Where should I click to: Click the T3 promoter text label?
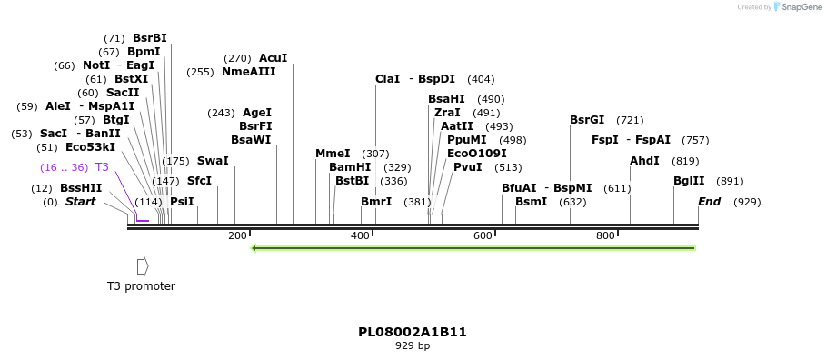(141, 286)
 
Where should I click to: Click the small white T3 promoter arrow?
(142, 265)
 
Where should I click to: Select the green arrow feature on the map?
(473, 247)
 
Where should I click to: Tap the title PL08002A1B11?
(413, 332)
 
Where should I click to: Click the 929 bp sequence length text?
(413, 345)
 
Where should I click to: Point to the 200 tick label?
(237, 236)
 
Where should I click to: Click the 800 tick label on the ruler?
(605, 236)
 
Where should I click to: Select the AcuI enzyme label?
(273, 58)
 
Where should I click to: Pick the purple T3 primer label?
(102, 167)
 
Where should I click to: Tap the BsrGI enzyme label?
(587, 120)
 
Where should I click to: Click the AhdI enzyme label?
(644, 161)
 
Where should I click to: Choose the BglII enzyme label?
(689, 181)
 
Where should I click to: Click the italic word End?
(709, 202)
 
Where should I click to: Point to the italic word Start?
(80, 202)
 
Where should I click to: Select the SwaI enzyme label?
(213, 161)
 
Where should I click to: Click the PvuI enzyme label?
(467, 167)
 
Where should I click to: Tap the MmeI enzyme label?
(333, 154)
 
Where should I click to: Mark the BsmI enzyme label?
(531, 202)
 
